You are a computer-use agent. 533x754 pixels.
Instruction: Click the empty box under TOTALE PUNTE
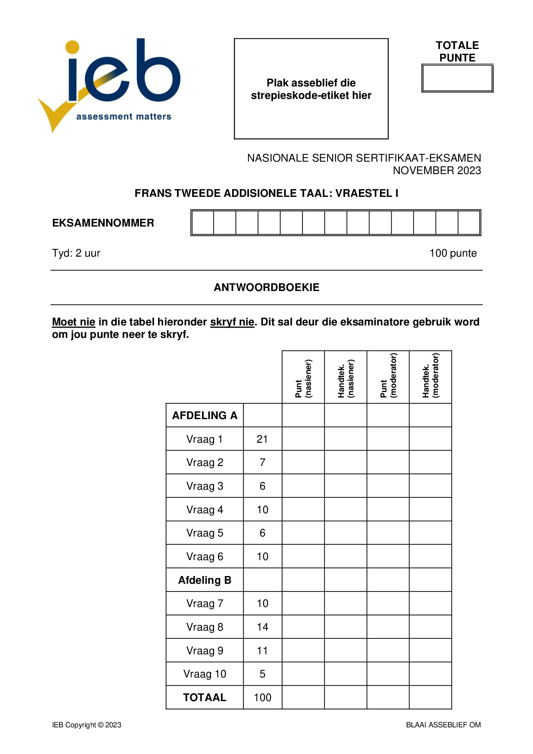pos(457,78)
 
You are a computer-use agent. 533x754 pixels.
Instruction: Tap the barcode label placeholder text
pos(311,89)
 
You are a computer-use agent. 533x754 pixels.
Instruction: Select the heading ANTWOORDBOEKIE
pos(266,288)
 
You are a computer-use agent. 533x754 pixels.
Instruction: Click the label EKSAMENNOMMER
pos(103,223)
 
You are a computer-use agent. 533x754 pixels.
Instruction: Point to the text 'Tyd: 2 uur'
pos(76,253)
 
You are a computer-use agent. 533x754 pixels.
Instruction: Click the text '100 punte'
pos(453,253)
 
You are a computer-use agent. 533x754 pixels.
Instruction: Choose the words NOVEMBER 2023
pos(437,171)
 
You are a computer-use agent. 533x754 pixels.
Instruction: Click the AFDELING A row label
pos(205,415)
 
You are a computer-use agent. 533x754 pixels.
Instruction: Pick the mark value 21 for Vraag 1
pos(262,439)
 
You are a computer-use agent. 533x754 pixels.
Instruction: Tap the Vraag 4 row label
pos(205,510)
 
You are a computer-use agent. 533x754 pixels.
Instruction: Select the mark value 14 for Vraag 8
pos(262,627)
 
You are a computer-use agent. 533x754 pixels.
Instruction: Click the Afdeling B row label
pos(205,580)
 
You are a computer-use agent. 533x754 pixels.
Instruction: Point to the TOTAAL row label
pos(205,697)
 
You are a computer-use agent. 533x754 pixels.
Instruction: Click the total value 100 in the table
pos(262,698)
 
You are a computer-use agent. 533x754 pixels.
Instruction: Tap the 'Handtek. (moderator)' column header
pos(430,376)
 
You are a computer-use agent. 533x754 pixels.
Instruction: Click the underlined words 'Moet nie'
pos(74,322)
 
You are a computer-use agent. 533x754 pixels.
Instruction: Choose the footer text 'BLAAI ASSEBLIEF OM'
pos(443,725)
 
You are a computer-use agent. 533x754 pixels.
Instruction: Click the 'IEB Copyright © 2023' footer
pos(87,725)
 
